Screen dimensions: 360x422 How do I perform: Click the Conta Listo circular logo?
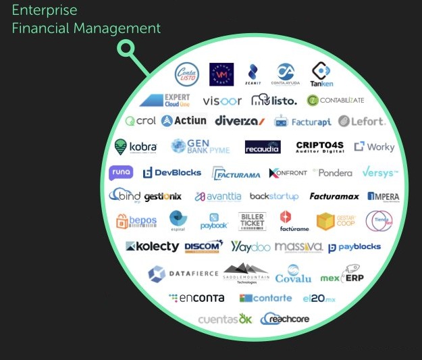point(187,74)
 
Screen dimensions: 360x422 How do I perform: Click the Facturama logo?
point(236,174)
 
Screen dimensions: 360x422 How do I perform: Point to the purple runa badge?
point(121,173)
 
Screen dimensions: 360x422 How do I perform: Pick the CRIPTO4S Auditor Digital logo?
point(319,147)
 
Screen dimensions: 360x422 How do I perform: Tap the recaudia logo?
point(262,147)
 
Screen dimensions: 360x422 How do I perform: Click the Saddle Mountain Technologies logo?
point(246,273)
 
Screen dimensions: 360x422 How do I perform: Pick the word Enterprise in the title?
point(45,11)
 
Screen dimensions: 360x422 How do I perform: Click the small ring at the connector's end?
point(125,48)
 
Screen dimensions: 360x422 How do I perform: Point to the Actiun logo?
point(184,122)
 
